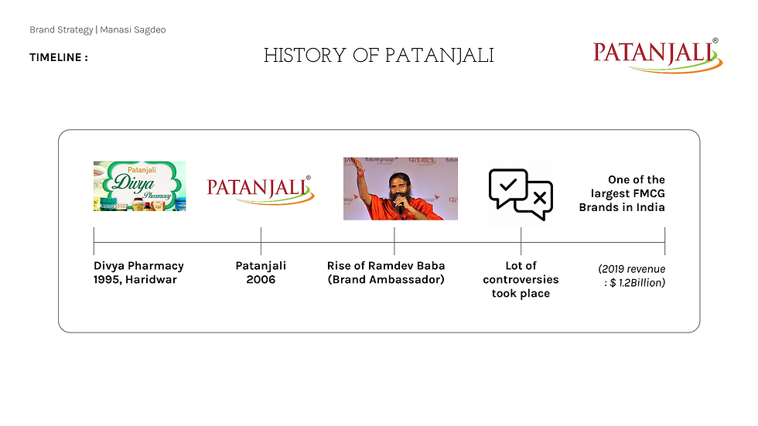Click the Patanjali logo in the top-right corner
[657, 55]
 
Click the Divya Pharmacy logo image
[140, 186]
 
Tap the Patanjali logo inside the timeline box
[261, 189]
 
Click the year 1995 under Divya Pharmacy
[107, 280]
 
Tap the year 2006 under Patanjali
[261, 280]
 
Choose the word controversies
[521, 280]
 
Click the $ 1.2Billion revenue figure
[637, 283]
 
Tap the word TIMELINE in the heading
[56, 57]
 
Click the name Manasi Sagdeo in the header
[133, 30]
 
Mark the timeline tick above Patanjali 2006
[261, 241]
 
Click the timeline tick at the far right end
[664, 241]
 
